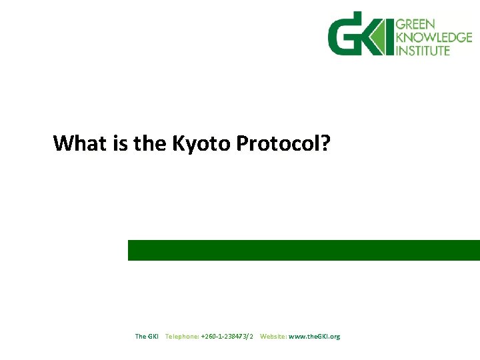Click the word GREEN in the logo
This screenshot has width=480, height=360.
point(415,25)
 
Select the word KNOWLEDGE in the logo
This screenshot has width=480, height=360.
point(433,37)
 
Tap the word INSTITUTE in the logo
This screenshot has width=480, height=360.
point(423,50)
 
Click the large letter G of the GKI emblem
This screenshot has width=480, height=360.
point(345,35)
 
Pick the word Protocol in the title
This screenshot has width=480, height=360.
point(278,143)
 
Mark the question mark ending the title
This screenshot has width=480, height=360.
point(325,143)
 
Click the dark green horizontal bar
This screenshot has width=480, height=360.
point(303,250)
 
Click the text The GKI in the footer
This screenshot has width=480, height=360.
point(147,337)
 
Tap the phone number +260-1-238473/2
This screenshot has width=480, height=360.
point(227,337)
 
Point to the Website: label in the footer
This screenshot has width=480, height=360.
point(273,337)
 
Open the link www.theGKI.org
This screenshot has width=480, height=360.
point(314,337)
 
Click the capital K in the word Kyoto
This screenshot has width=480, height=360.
point(179,143)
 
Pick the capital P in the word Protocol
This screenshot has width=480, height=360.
point(242,143)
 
